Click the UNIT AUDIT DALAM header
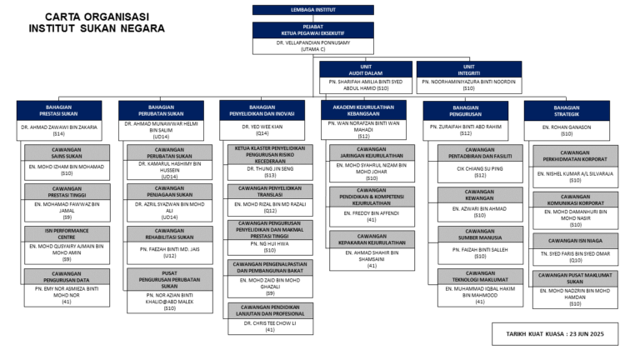point(365,69)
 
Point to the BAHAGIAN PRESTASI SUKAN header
point(59,111)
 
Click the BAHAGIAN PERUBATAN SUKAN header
point(160,111)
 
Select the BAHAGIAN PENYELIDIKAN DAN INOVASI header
point(262,111)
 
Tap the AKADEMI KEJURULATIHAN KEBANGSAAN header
point(363,110)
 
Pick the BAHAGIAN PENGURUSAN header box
point(465,111)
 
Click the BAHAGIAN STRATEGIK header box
point(566,111)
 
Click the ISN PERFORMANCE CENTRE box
point(66,233)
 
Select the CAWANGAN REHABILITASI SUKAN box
point(169,234)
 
